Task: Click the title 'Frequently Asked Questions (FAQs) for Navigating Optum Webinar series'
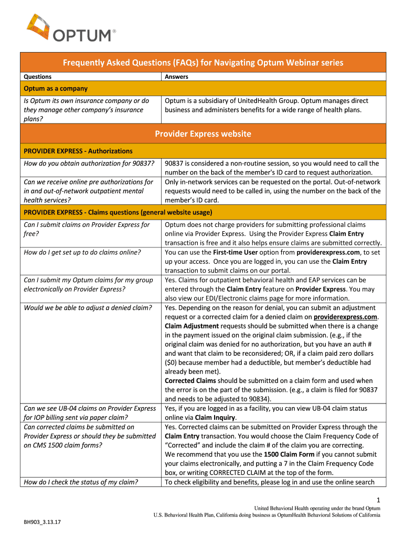[203, 63]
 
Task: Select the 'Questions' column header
[38, 77]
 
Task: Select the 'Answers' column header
[176, 77]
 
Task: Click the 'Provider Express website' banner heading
[203, 134]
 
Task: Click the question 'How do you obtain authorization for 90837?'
[89, 163]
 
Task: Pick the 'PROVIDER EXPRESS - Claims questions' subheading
[118, 212]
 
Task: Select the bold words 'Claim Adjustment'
[192, 326]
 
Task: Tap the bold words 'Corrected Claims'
[190, 381]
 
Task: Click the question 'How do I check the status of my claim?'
[82, 482]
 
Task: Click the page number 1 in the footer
[378, 500]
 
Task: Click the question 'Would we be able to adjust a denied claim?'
[88, 308]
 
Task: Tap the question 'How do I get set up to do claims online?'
[82, 252]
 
